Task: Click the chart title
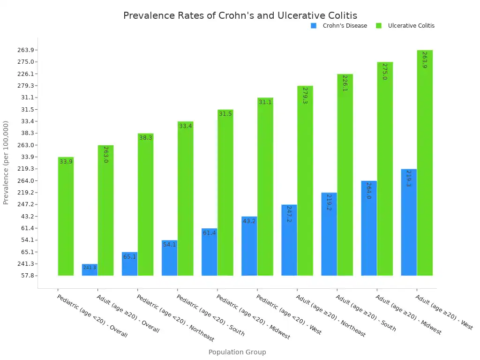click(x=240, y=15)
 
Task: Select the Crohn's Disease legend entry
click(x=345, y=26)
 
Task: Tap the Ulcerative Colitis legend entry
click(x=411, y=26)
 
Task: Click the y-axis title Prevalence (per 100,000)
click(x=6, y=163)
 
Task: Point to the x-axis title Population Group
click(x=237, y=352)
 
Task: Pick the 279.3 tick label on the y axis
click(x=26, y=86)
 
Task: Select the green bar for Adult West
click(x=425, y=163)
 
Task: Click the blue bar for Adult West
click(x=409, y=222)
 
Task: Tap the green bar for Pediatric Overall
click(x=66, y=216)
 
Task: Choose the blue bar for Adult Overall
click(x=90, y=270)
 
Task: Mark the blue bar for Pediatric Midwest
click(x=209, y=252)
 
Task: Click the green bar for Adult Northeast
click(x=305, y=180)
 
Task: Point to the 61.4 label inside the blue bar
click(x=209, y=232)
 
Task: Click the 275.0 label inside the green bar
click(x=384, y=72)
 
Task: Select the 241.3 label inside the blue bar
click(x=90, y=268)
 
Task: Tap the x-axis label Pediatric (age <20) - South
click(x=210, y=315)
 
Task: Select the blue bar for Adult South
click(x=329, y=234)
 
